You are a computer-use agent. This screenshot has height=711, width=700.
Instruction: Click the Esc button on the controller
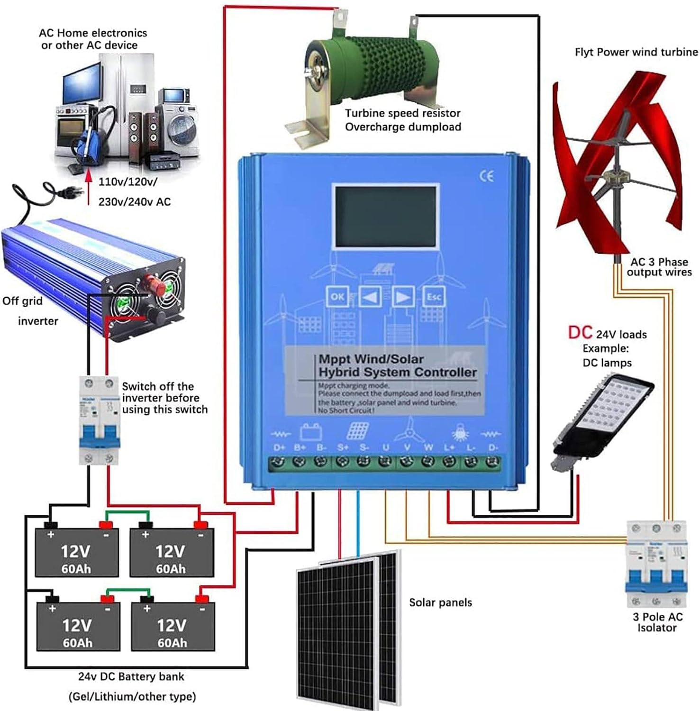click(434, 297)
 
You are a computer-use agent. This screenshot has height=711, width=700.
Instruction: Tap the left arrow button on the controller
click(371, 297)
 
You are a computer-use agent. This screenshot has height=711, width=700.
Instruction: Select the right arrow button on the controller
click(402, 297)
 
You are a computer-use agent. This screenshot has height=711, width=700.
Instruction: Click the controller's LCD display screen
click(385, 216)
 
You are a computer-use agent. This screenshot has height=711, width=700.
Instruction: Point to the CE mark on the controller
click(486, 176)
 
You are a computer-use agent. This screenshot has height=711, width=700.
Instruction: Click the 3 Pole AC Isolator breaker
click(656, 564)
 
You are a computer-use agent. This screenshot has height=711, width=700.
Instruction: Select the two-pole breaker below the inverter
click(99, 419)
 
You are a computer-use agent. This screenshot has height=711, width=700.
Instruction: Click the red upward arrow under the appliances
click(88, 187)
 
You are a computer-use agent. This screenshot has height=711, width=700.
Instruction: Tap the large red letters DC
click(580, 333)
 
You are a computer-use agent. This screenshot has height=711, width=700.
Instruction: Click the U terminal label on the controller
click(386, 447)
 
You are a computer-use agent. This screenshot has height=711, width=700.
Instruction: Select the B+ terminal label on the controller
click(300, 447)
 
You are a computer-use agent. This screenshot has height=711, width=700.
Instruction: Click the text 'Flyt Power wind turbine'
click(636, 52)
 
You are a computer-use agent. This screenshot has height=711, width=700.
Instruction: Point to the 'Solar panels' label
click(440, 602)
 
